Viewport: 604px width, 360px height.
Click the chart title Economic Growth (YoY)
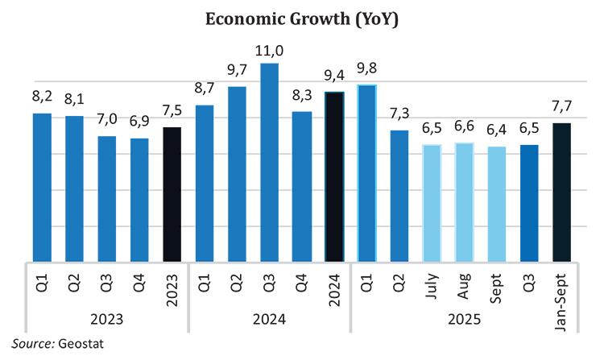tap(303, 19)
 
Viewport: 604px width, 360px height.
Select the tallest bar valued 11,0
tap(269, 161)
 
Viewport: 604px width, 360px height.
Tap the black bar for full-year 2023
tap(172, 193)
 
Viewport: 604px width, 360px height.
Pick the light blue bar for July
tap(432, 203)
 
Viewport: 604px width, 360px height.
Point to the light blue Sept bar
tap(496, 204)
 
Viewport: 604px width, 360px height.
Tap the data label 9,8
tap(366, 68)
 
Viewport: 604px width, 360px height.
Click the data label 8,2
tap(42, 97)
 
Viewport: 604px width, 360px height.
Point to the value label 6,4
tap(496, 130)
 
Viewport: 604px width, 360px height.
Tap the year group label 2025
tap(464, 320)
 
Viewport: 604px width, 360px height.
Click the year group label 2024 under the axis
tap(269, 320)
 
